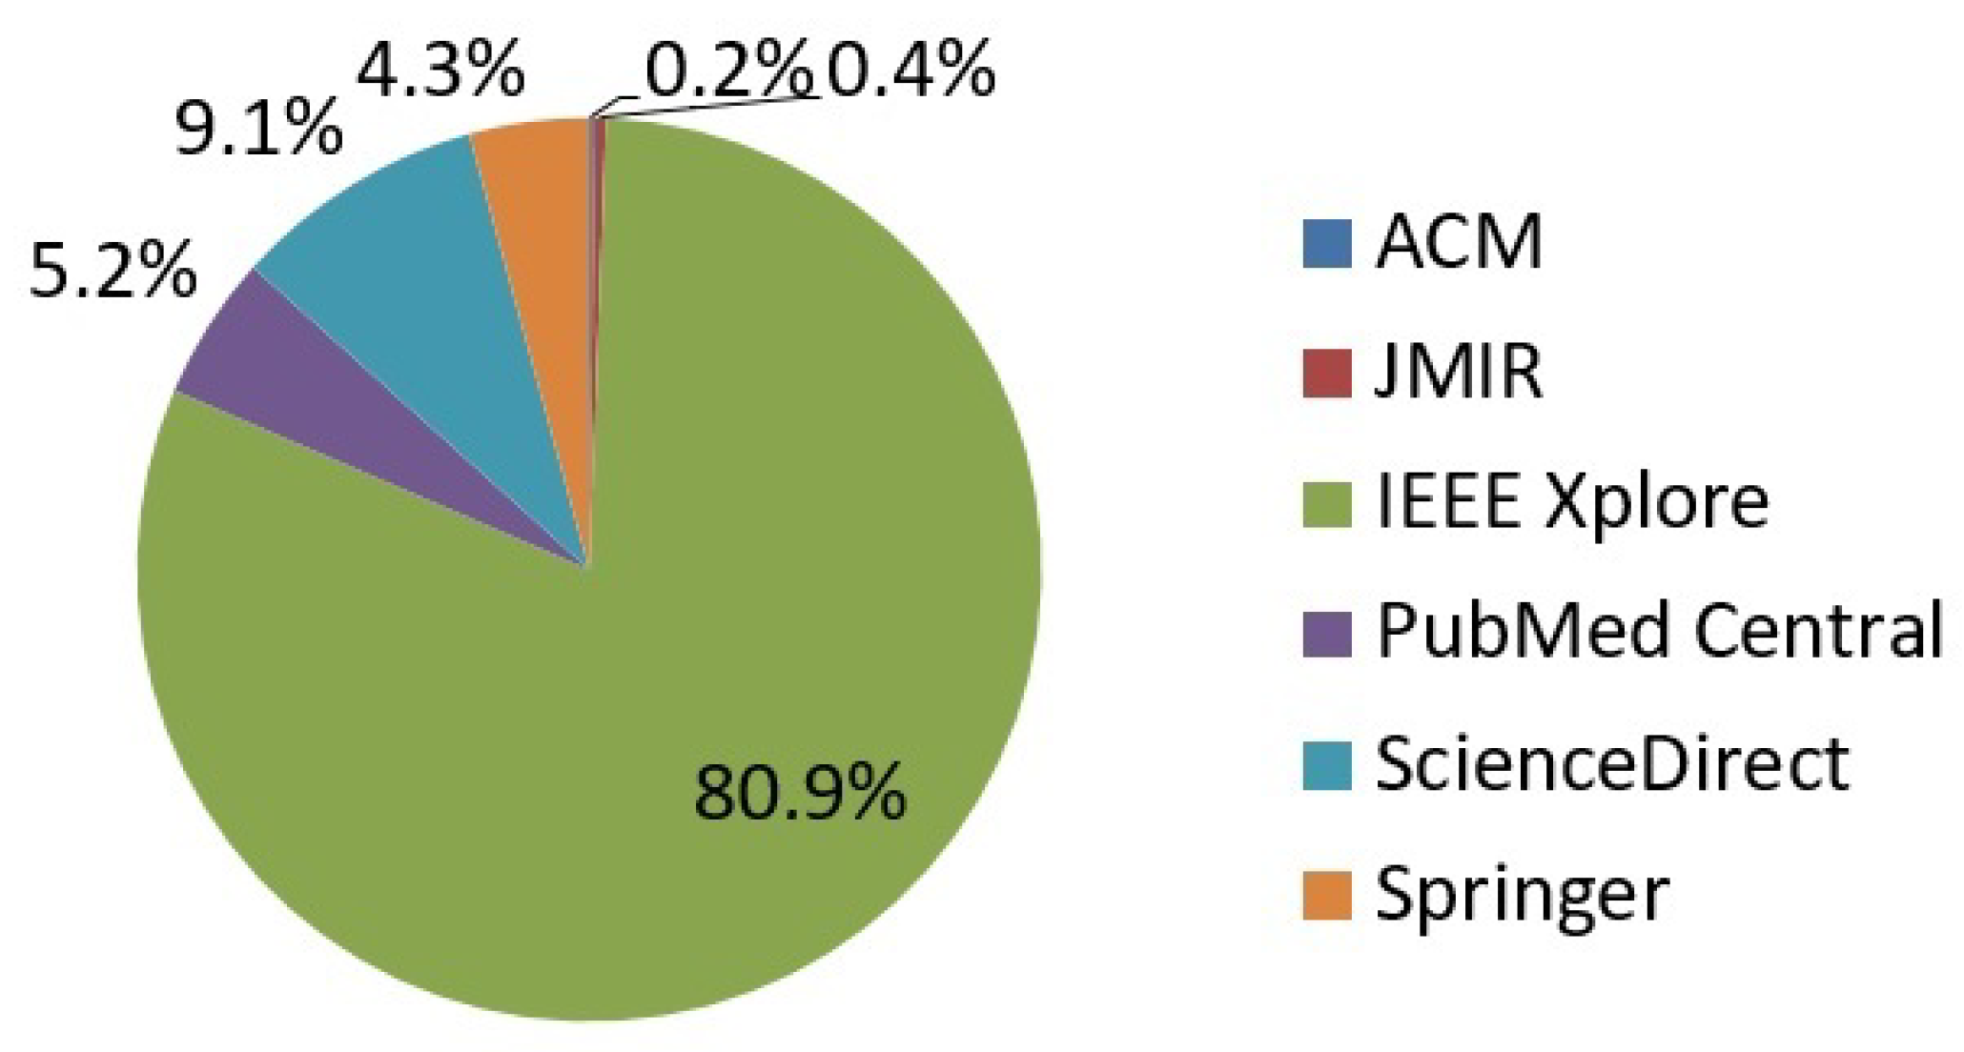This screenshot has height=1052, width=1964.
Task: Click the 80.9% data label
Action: tap(800, 793)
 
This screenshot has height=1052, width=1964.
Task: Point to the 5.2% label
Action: tap(113, 270)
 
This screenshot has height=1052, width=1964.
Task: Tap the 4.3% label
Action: tap(440, 69)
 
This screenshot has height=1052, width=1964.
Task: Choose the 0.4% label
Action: tap(910, 69)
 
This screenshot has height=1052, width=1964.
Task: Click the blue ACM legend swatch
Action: tap(1327, 244)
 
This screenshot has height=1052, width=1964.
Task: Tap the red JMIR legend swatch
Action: tap(1327, 374)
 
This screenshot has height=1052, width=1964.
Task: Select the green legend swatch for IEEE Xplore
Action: tap(1327, 503)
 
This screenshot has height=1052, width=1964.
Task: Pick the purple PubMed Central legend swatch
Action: tap(1327, 634)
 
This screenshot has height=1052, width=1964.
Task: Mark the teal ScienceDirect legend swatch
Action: tap(1327, 764)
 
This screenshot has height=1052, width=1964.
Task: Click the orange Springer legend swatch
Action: tap(1327, 895)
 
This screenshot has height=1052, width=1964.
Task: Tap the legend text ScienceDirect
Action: tap(1612, 764)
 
